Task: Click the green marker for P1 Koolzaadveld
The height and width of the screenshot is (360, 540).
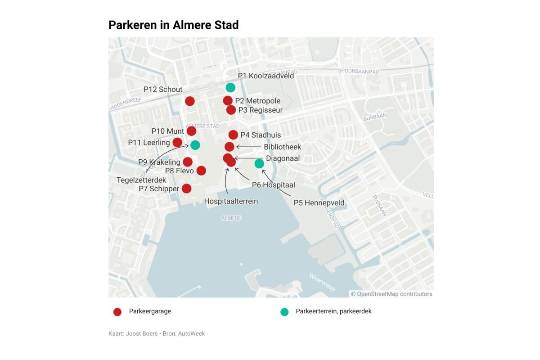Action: click(230, 87)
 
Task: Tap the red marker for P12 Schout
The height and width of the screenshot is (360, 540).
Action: click(190, 101)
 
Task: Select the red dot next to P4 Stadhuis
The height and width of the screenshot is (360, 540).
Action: click(233, 135)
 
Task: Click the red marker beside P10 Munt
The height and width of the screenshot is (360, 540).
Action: click(191, 131)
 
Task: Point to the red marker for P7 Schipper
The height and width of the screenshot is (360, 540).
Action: click(186, 189)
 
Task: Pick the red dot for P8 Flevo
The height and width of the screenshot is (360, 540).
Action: click(201, 171)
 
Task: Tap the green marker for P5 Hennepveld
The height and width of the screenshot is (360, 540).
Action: click(259, 163)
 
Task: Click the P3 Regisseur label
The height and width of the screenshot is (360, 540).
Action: click(261, 110)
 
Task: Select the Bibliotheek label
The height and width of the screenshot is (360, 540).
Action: click(283, 147)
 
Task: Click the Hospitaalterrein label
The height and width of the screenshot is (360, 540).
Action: click(231, 201)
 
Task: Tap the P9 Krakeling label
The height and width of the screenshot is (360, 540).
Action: click(159, 162)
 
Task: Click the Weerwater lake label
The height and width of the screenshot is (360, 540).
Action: click(322, 282)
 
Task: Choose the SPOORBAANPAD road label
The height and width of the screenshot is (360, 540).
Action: click(358, 72)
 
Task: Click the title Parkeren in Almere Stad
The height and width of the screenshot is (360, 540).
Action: click(174, 25)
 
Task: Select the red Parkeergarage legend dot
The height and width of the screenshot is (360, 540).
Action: click(117, 312)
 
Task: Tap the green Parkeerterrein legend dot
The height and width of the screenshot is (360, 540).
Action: click(284, 312)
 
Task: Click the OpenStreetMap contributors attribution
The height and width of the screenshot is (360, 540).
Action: click(391, 294)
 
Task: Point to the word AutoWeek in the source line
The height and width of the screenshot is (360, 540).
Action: click(192, 333)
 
